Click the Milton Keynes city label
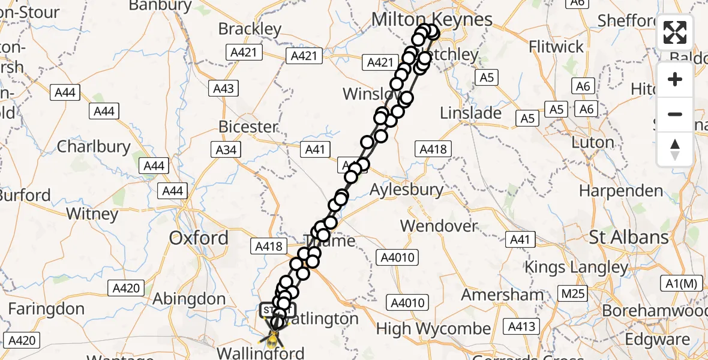point(431,19)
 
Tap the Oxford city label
point(199,238)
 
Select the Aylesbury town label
point(406,190)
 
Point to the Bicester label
point(248,127)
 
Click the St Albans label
point(629,237)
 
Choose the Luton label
point(593,143)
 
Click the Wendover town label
point(439,226)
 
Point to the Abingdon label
point(189,299)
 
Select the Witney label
point(92,214)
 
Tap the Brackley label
point(250,29)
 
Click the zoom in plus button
point(675,80)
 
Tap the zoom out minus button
point(675,114)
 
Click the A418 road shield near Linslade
point(433,149)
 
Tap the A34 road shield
point(226,150)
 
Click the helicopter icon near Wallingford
point(273,338)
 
